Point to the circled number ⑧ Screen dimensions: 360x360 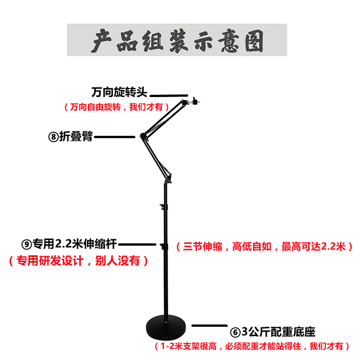pos(53,137)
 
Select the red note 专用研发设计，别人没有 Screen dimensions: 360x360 pos(78,261)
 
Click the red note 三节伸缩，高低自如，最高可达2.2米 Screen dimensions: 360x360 pos(264,247)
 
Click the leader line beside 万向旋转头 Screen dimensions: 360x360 pos(171,95)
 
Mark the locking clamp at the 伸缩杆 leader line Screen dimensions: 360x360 pos(164,247)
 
